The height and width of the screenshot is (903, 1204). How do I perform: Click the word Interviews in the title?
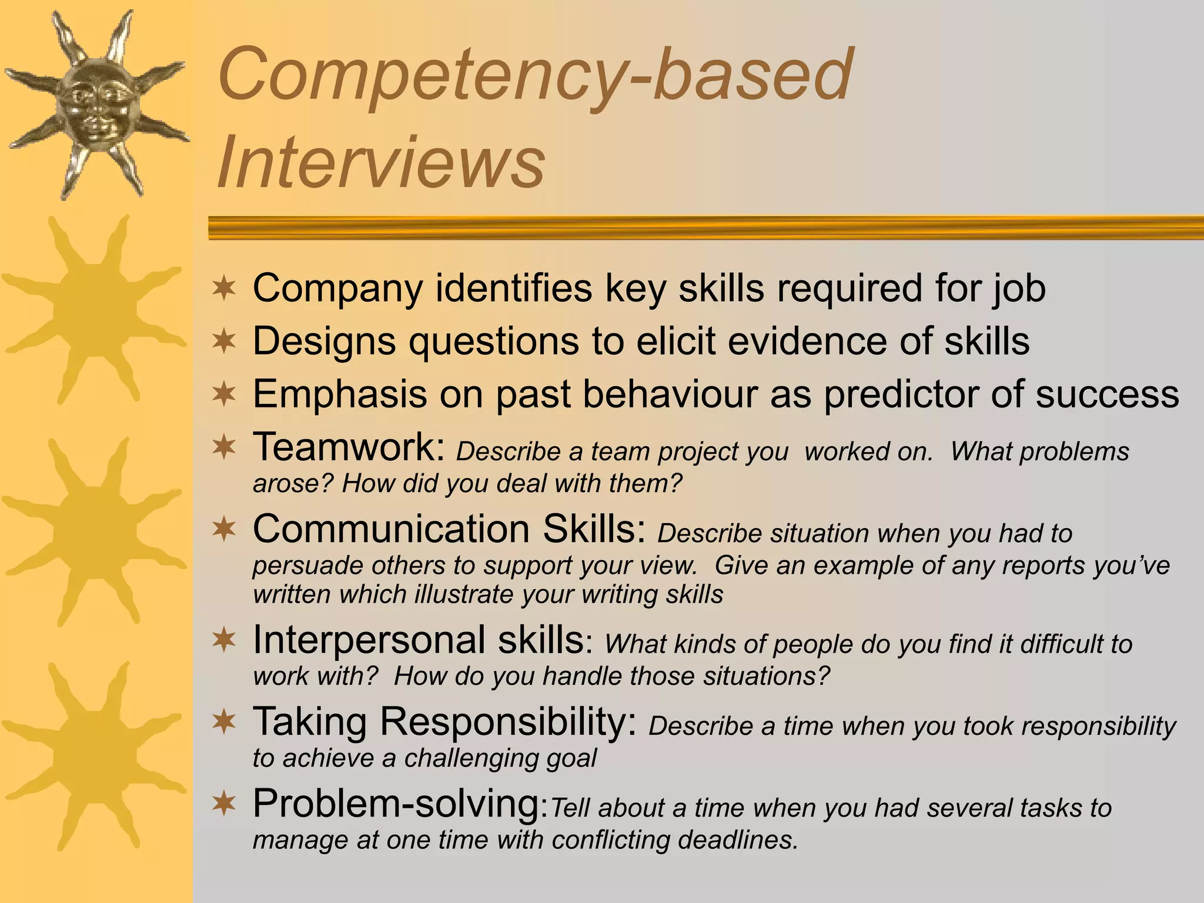[381, 162]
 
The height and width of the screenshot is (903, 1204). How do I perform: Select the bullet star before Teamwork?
[224, 448]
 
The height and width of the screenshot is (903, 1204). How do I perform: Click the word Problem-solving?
[396, 803]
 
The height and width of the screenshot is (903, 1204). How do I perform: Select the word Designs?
[324, 341]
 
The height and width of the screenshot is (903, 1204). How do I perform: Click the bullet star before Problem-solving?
[224, 804]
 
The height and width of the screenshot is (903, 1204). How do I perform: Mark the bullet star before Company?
[224, 289]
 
